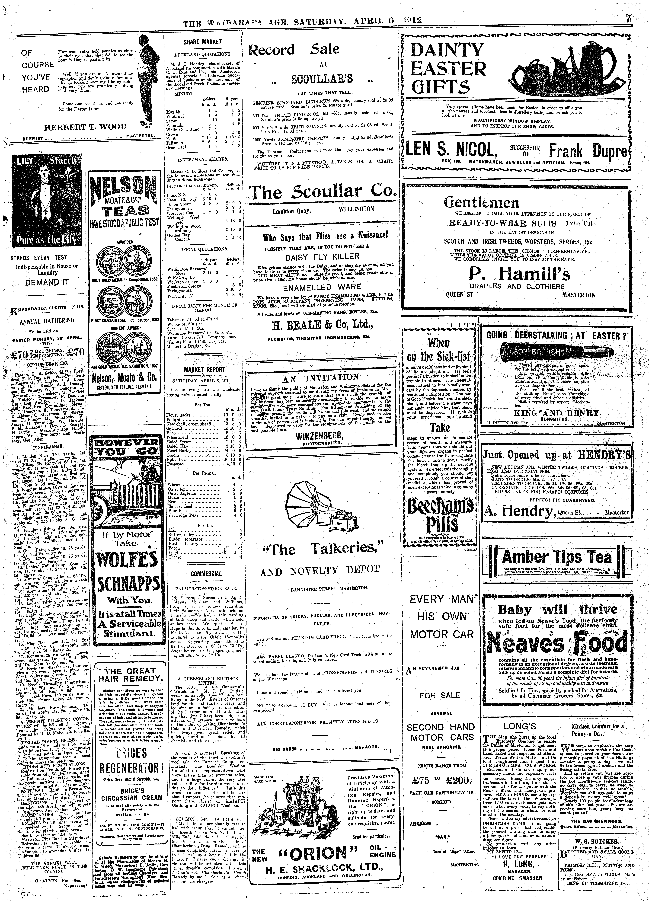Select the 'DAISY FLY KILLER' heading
coord(322,256)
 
